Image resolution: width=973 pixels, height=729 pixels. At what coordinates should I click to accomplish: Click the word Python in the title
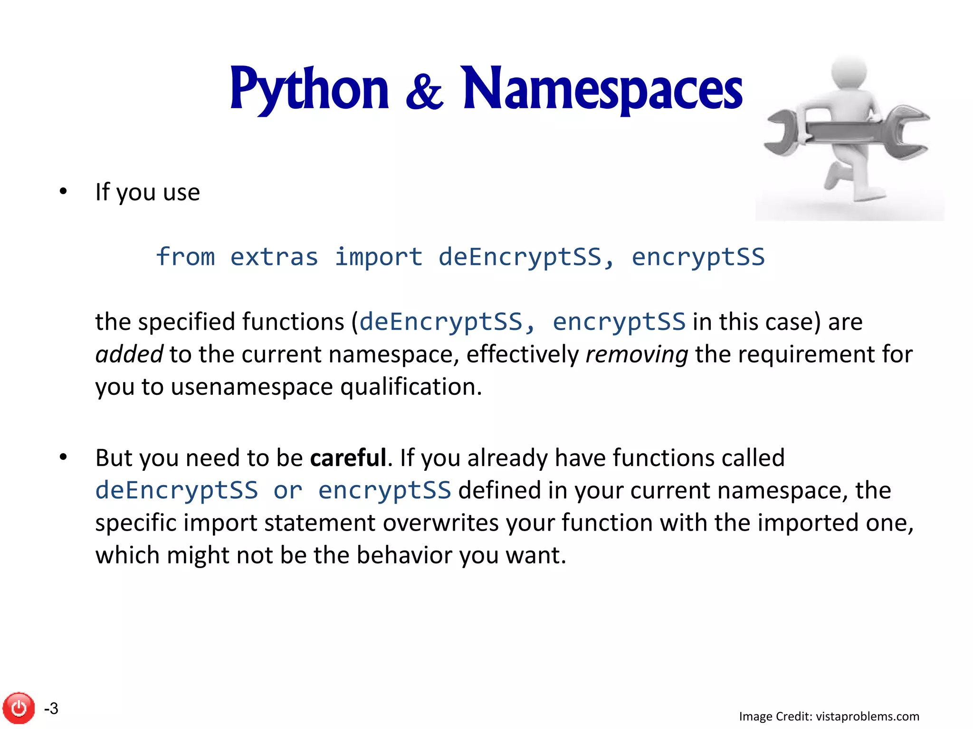309,89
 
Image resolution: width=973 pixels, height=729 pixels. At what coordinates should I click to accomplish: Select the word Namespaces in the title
602,89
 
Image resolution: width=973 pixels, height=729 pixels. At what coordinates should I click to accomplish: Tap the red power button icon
19,708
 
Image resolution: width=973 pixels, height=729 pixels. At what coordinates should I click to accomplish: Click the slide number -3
51,708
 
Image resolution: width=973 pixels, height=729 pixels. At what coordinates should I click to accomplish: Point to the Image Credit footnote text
829,716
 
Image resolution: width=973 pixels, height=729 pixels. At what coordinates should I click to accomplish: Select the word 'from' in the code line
185,257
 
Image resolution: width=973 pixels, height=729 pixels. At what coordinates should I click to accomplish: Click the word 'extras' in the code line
274,257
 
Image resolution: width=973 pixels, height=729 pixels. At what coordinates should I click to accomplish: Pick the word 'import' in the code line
378,257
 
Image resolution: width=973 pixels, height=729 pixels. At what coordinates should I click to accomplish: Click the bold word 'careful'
348,458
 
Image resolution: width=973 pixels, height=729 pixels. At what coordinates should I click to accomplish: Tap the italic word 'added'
129,355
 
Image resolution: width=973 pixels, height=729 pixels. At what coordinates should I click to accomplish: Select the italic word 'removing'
637,355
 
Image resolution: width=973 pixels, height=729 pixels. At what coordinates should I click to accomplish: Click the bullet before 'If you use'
63,192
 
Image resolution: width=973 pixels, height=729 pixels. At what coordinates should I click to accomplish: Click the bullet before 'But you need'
63,458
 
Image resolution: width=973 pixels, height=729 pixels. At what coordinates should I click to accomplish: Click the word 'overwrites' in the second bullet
441,523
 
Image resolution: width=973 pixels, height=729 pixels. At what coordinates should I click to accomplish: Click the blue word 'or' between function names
288,490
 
